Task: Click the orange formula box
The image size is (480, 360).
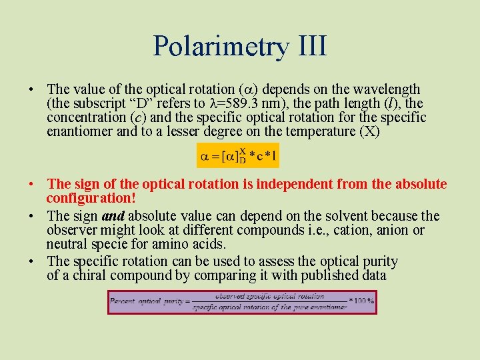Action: click(237, 156)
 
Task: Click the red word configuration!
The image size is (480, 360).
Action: click(91, 198)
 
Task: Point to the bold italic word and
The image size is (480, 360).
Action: click(113, 216)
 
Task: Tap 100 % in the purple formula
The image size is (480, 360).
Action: click(364, 301)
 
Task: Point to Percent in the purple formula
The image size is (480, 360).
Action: click(125, 301)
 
